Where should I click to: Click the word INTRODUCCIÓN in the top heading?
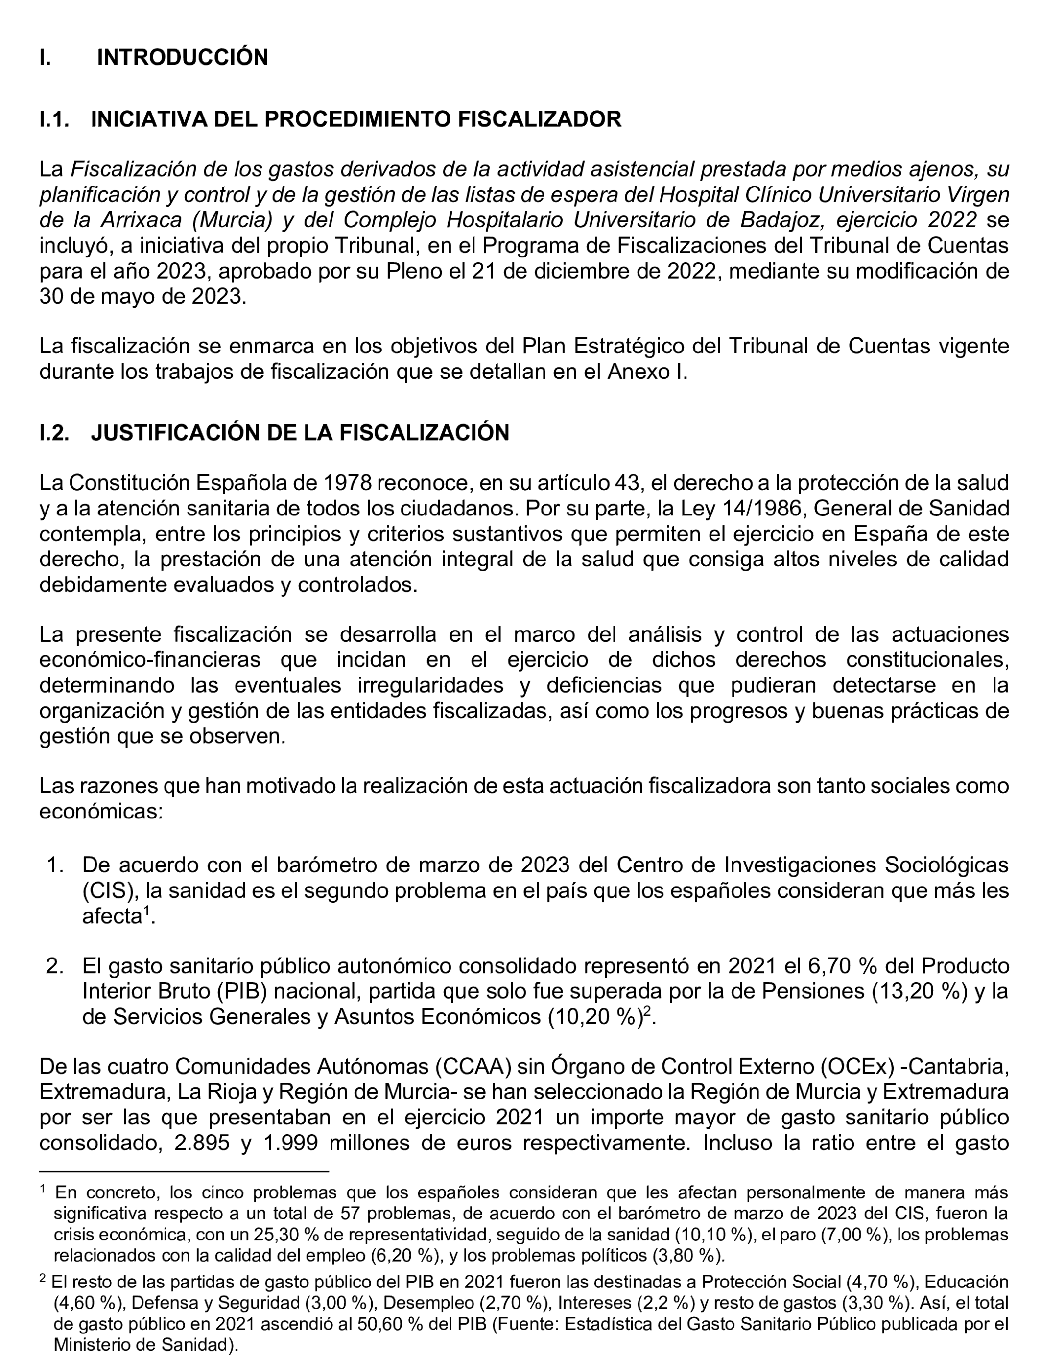(x=182, y=58)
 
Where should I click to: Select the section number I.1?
(x=54, y=119)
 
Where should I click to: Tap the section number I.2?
(x=54, y=432)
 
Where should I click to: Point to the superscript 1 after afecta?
(x=147, y=910)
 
